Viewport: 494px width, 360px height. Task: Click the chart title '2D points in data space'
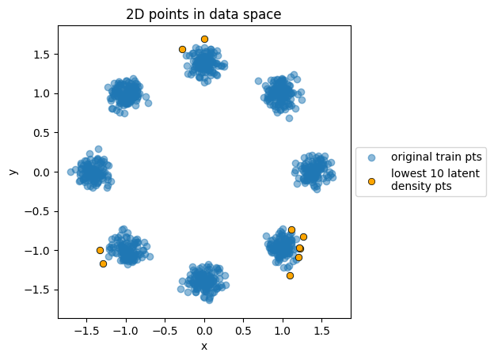(204, 13)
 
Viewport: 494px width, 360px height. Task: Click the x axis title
(204, 346)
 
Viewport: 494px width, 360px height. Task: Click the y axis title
(13, 171)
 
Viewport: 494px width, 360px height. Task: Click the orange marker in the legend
(371, 182)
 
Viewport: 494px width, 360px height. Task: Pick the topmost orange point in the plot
(204, 39)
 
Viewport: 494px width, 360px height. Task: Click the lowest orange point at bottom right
(290, 275)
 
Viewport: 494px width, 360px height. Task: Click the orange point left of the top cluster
(182, 49)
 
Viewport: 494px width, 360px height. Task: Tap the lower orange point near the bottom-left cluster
(103, 263)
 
